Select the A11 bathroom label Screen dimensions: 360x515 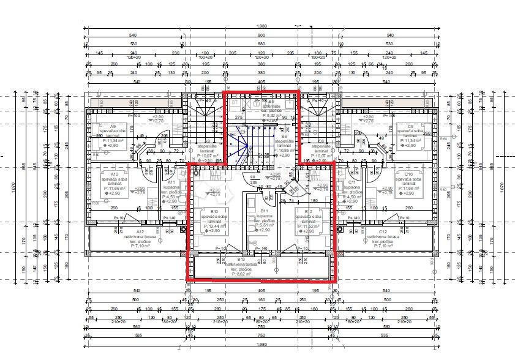coord(171,182)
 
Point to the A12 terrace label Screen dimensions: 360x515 coord(123,232)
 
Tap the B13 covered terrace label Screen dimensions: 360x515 coord(241,259)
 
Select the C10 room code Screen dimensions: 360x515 coord(408,174)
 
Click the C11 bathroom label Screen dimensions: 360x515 coord(351,182)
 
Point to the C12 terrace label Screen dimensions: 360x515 coord(383,232)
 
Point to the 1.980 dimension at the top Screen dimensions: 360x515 coord(261,26)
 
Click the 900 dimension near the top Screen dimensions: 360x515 coord(261,35)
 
